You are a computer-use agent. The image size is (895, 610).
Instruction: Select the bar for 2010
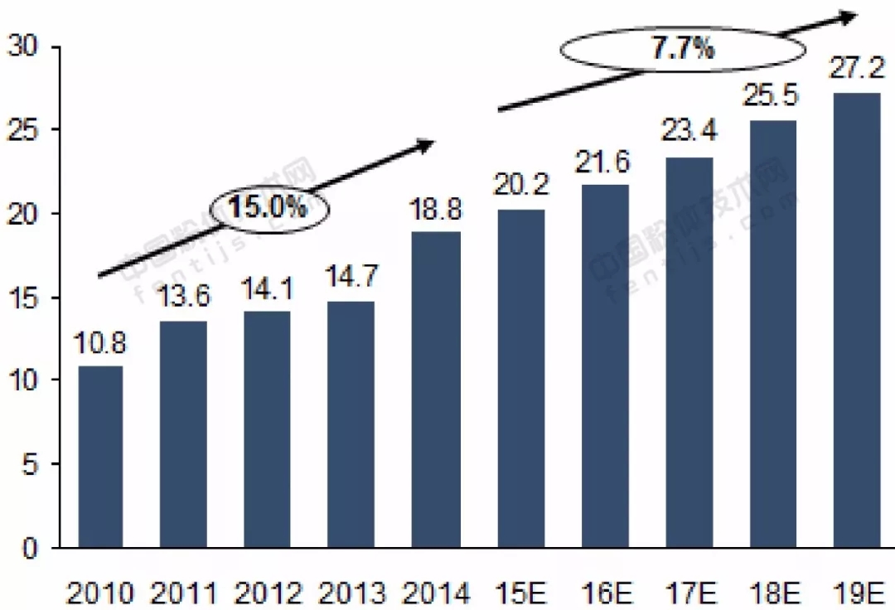coord(100,457)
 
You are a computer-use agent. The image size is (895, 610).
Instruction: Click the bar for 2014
coord(436,390)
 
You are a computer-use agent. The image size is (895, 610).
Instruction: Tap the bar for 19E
coord(857,320)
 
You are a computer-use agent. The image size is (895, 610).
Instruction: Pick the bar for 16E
coord(605,366)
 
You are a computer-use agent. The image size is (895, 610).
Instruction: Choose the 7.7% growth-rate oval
coord(683,50)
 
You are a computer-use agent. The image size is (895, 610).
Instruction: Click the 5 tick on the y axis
coord(31,465)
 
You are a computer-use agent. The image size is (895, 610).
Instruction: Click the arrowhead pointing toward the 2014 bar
coord(423,146)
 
